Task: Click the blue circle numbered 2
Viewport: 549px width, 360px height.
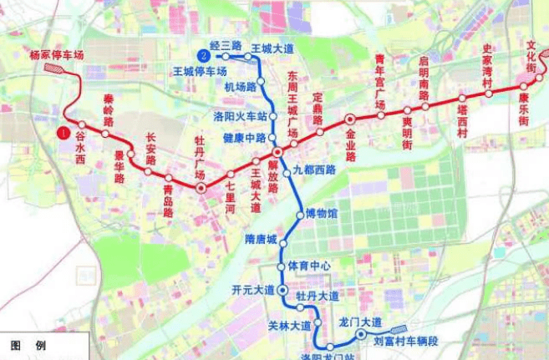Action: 202,55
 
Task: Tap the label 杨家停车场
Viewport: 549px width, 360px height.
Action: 57,55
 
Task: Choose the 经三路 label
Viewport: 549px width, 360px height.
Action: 226,44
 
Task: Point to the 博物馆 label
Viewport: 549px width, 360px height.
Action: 322,213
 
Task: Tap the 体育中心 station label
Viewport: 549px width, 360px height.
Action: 309,266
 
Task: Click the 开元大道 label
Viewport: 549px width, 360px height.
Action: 252,290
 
